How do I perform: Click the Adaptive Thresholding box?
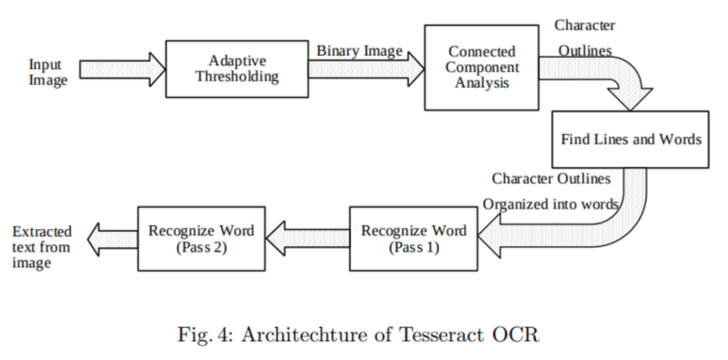pyautogui.click(x=237, y=69)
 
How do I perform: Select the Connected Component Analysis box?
pyautogui.click(x=482, y=67)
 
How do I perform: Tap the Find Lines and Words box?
pyautogui.click(x=631, y=139)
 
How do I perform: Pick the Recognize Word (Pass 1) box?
pyautogui.click(x=414, y=238)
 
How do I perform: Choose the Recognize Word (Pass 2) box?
pyautogui.click(x=200, y=238)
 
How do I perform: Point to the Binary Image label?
pyautogui.click(x=359, y=51)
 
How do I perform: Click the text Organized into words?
pyautogui.click(x=551, y=203)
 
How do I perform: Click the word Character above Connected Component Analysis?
pyautogui.click(x=585, y=25)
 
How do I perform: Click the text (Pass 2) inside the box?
pyautogui.click(x=200, y=247)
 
